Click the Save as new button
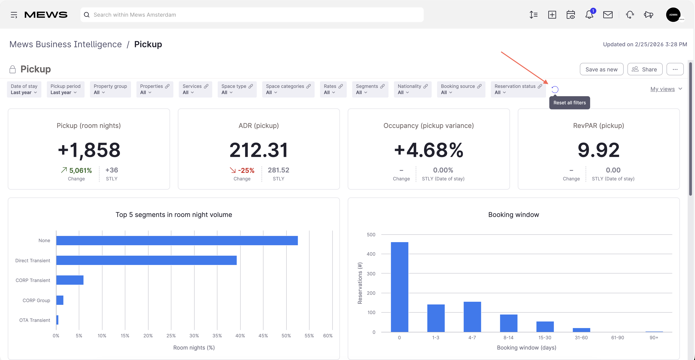tap(601, 69)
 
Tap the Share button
tap(645, 69)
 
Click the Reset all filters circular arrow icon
tap(555, 89)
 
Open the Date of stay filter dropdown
tap(24, 89)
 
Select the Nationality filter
tap(413, 89)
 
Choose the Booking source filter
tap(461, 89)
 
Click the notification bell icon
tap(589, 15)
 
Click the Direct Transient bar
tap(146, 260)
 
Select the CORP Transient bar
tap(70, 280)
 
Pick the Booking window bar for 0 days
tap(399, 287)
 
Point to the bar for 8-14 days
tap(508, 323)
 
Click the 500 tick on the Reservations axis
tap(371, 235)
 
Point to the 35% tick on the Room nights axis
tap(217, 335)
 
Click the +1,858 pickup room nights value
tap(89, 150)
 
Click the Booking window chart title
tap(514, 214)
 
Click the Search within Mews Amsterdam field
tap(252, 15)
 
